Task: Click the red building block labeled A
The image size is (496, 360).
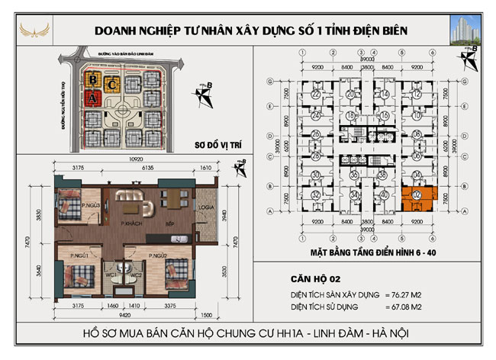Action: click(x=92, y=98)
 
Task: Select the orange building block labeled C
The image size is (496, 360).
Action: click(x=113, y=83)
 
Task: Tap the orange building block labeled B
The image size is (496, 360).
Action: click(x=92, y=79)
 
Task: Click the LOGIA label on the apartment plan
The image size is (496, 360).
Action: click(x=206, y=207)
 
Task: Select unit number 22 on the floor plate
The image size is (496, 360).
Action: click(x=315, y=94)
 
